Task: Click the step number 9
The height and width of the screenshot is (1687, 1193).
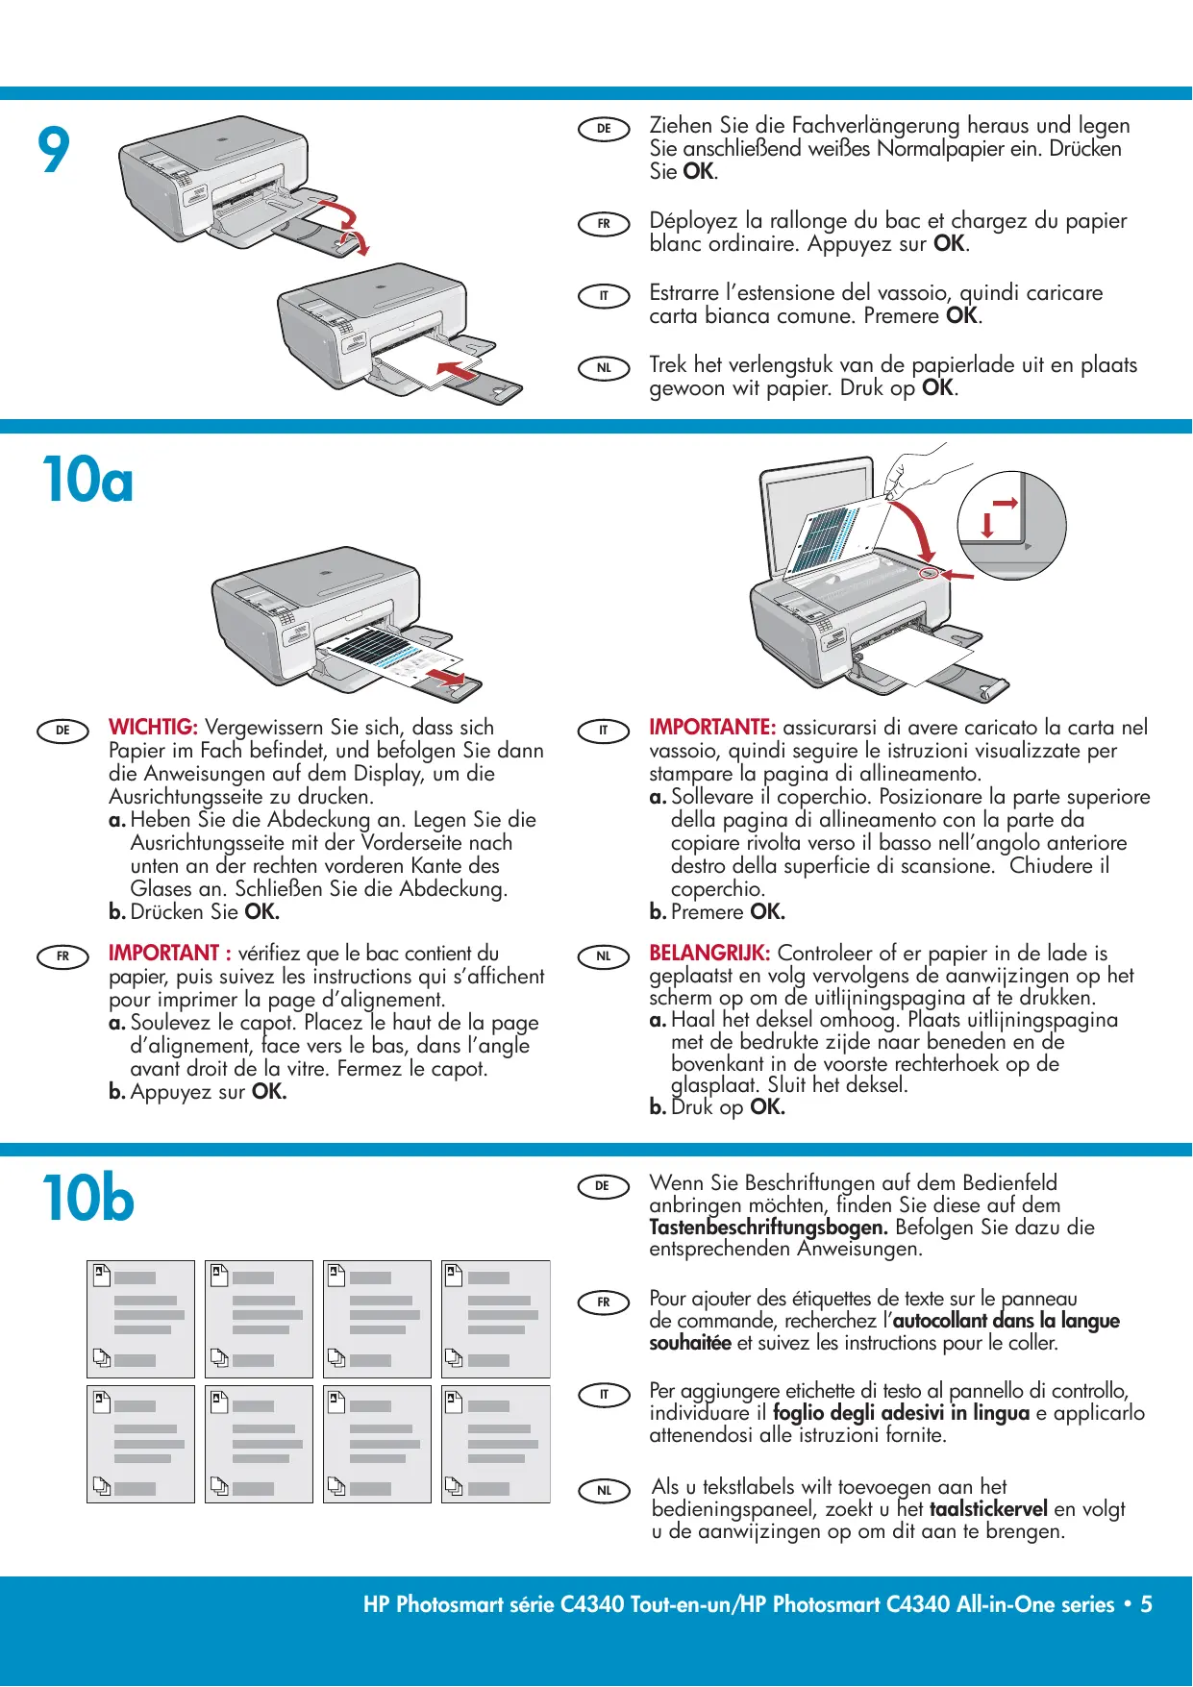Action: coord(54,150)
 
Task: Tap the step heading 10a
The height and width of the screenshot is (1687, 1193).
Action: coord(87,480)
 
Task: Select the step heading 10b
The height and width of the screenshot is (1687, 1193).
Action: coord(87,1198)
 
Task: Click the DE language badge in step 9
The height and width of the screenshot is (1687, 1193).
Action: coord(604,129)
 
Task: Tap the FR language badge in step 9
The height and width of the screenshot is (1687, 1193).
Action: coord(604,224)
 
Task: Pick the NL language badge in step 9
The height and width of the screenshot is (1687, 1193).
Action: coord(604,368)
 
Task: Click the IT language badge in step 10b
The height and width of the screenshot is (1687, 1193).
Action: coord(604,1395)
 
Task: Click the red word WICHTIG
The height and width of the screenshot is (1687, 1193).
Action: coord(153,728)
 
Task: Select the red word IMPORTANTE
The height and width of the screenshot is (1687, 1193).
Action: coord(711,728)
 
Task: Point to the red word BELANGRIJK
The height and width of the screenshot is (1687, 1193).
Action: coord(709,954)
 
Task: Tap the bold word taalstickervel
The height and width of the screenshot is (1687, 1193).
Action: coord(987,1509)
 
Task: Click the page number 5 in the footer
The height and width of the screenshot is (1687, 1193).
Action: coord(1146,1604)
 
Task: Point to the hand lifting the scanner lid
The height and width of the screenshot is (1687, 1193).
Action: coord(909,471)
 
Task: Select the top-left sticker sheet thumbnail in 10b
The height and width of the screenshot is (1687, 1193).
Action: coord(140,1319)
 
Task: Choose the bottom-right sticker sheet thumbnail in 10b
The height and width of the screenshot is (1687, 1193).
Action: coord(495,1444)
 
